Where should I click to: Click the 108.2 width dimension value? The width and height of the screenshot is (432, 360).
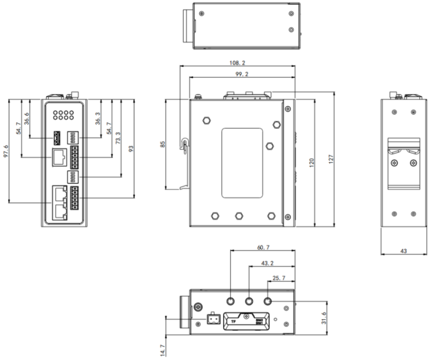(237, 63)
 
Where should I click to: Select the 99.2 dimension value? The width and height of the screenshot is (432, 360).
(242, 74)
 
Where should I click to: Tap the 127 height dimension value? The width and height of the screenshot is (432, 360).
(331, 159)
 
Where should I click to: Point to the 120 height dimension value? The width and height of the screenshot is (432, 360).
(312, 163)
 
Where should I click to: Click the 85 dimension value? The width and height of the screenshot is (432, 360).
(163, 145)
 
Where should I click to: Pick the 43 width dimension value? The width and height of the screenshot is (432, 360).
(403, 251)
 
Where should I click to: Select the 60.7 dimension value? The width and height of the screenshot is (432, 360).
(263, 247)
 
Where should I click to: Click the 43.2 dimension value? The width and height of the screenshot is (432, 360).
(267, 263)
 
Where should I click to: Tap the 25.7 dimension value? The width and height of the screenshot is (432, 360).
(279, 278)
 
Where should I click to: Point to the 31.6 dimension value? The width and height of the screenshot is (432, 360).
(324, 318)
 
